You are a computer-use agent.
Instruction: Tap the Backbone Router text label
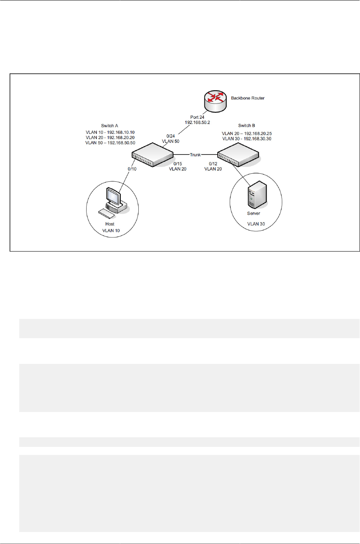pos(248,98)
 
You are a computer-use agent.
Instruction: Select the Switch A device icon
pos(153,154)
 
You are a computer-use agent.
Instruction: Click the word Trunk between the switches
pos(195,155)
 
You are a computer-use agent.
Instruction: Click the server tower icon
pos(257,194)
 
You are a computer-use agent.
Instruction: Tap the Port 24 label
pos(197,117)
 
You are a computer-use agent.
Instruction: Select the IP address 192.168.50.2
pos(197,122)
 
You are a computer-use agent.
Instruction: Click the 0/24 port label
pos(171,136)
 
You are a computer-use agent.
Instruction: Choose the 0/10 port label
pos(132,169)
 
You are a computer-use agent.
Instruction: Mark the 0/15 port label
pos(178,164)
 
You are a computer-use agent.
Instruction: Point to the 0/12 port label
pos(213,164)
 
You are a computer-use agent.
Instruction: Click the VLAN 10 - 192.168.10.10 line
pos(110,132)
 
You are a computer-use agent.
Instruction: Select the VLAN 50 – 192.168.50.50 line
pos(110,143)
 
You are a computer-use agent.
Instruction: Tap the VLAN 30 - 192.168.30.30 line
pos(247,139)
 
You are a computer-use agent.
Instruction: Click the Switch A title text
pos(109,126)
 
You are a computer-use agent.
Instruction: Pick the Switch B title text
pos(247,126)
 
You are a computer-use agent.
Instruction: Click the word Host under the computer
pos(110,224)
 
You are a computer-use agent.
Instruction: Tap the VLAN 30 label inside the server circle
pos(256,224)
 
